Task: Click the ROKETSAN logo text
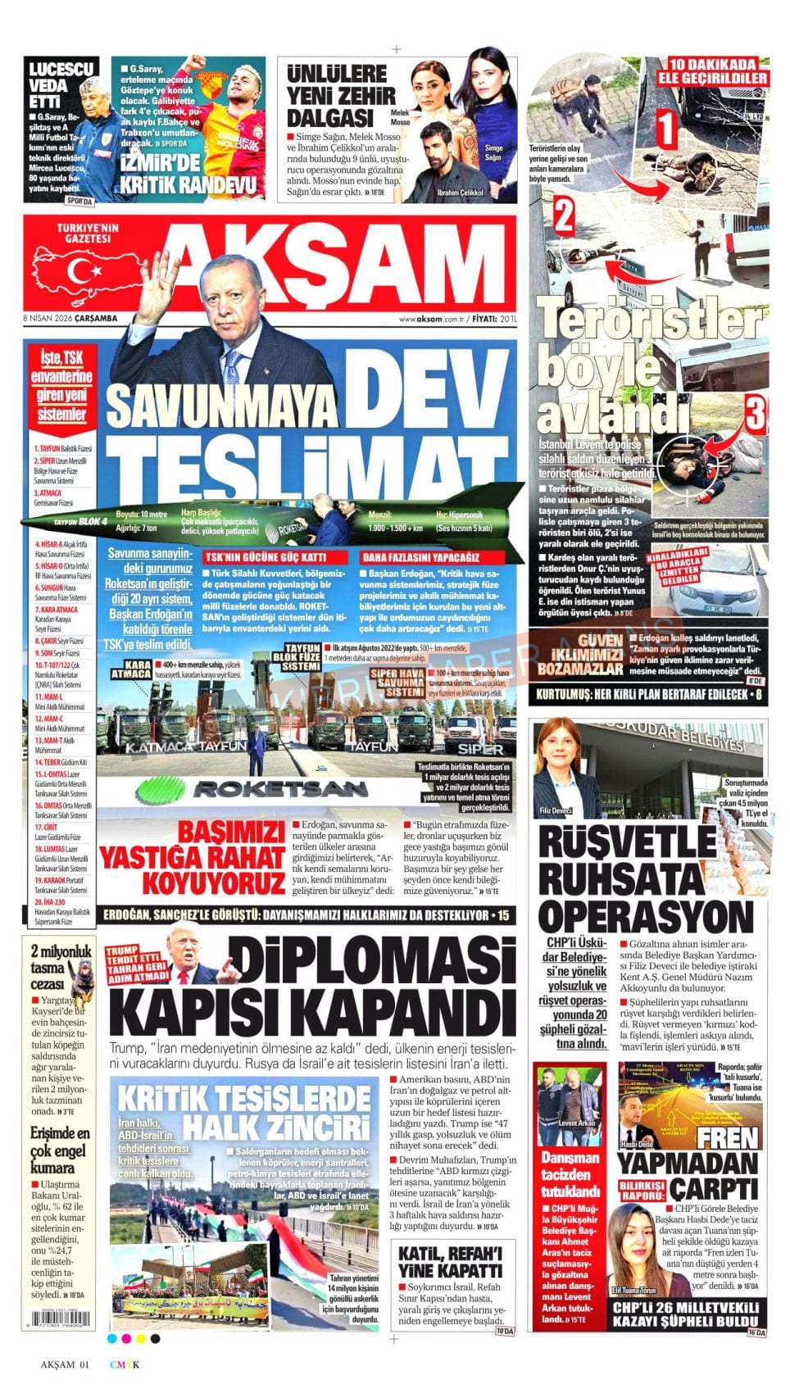tap(279, 789)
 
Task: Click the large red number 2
tap(563, 216)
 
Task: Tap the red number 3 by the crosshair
tap(755, 413)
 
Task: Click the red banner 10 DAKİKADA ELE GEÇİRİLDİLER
tap(718, 71)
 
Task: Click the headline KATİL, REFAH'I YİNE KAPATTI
tap(450, 1263)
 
